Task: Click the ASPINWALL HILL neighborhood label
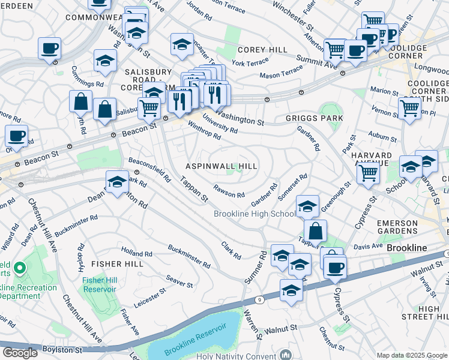click(221, 166)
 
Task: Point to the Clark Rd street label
click(231, 250)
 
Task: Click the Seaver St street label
click(179, 280)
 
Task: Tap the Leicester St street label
click(150, 298)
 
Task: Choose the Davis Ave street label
click(367, 246)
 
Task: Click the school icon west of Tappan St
click(117, 182)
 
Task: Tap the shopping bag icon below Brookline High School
click(315, 231)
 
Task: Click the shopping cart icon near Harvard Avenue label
click(368, 173)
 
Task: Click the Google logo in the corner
click(20, 353)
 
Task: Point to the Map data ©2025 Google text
click(411, 355)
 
